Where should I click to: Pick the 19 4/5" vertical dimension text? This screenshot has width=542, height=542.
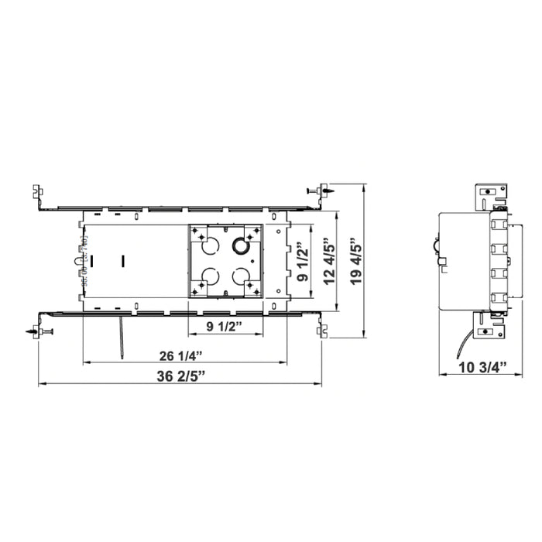click(x=355, y=262)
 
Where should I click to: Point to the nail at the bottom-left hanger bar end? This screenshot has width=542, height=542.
click(x=42, y=332)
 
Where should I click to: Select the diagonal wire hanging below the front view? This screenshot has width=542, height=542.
click(x=122, y=341)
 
